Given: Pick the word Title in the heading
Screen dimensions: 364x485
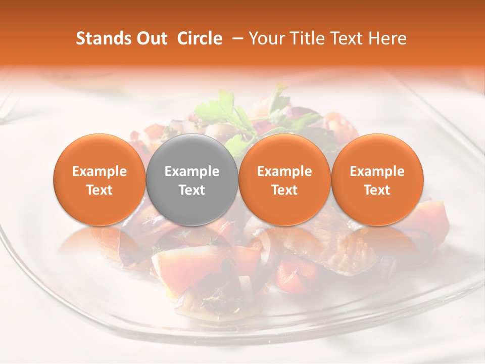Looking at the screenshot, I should click(308, 38).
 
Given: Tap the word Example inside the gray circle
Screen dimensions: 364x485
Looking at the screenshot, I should click(192, 171).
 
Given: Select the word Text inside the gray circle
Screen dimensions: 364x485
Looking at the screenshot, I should click(192, 190).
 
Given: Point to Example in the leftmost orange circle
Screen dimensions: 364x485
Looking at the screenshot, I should click(100, 171).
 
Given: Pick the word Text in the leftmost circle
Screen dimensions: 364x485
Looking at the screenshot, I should click(100, 190).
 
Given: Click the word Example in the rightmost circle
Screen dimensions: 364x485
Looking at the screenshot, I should click(377, 171).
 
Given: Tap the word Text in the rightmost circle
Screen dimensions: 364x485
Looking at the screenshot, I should click(377, 190).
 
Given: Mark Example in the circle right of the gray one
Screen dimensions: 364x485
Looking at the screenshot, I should click(284, 171).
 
